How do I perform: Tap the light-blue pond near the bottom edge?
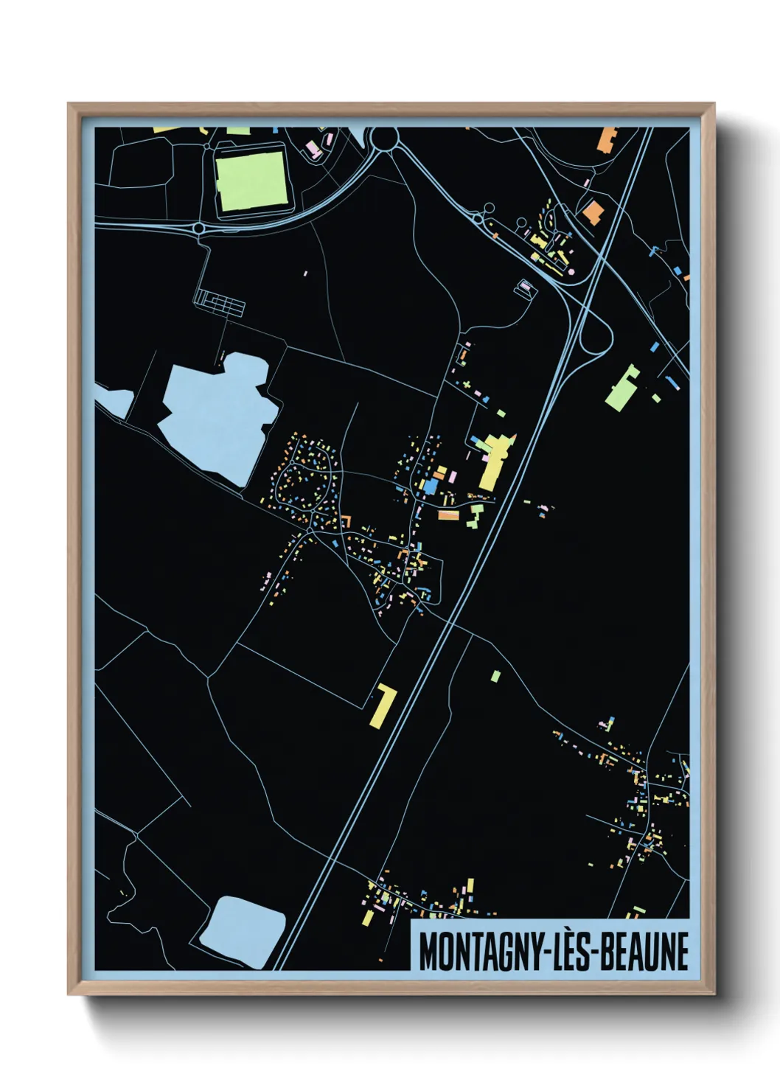click(243, 931)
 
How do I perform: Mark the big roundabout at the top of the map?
click(383, 139)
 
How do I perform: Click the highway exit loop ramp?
click(596, 339)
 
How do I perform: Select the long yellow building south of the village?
click(383, 705)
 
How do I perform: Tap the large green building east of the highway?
click(621, 388)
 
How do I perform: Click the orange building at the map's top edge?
click(606, 139)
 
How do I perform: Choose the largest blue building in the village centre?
click(429, 487)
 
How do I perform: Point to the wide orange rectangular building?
click(448, 515)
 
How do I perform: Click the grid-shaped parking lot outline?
click(219, 302)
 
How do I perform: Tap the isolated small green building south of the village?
click(495, 675)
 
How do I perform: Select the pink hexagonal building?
click(524, 286)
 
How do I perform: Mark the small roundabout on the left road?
click(199, 228)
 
